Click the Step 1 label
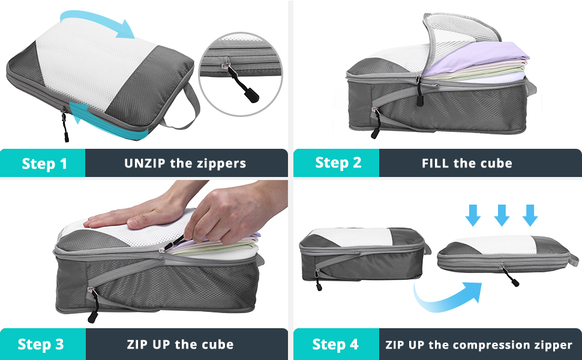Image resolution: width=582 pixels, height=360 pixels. (x=44, y=163)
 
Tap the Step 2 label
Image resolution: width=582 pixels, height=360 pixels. (x=338, y=163)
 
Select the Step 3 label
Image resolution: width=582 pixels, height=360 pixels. (x=41, y=344)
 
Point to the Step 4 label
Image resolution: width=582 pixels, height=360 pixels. (x=335, y=344)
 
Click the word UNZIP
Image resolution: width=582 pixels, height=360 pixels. (x=145, y=163)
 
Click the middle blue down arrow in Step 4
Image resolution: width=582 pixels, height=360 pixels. (x=502, y=214)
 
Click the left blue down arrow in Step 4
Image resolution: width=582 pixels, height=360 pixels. (x=474, y=214)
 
